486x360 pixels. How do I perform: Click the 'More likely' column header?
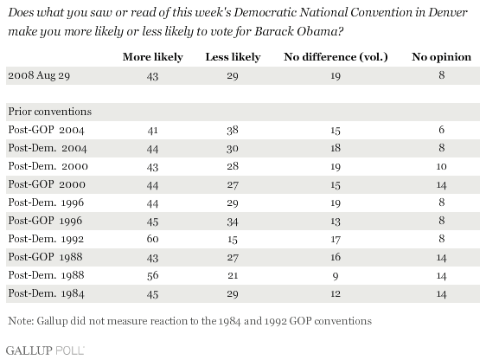(153, 57)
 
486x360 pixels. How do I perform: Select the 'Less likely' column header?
(233, 57)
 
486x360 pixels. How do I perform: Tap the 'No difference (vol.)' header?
(336, 57)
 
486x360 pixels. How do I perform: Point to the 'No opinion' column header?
(441, 57)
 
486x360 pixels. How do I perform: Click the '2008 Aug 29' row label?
(39, 75)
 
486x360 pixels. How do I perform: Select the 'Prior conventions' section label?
(50, 112)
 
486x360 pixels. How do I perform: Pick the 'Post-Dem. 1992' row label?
(46, 239)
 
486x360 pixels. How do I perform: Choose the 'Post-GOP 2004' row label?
(46, 130)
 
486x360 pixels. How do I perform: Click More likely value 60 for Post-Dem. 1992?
(152, 239)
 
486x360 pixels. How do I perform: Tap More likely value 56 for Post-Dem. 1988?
(152, 276)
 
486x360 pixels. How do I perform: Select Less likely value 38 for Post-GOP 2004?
(233, 130)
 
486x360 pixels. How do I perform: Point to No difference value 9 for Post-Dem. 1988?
(336, 276)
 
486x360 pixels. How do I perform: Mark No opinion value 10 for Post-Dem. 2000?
(441, 166)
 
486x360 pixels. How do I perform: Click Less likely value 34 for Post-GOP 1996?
(233, 222)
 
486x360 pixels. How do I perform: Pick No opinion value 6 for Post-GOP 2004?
(441, 130)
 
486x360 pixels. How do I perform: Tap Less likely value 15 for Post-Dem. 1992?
(233, 240)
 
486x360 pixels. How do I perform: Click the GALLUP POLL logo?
(45, 350)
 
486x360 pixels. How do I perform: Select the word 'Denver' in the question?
(448, 13)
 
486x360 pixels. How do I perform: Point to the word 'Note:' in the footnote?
(21, 321)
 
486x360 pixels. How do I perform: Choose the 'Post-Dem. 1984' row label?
(46, 293)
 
